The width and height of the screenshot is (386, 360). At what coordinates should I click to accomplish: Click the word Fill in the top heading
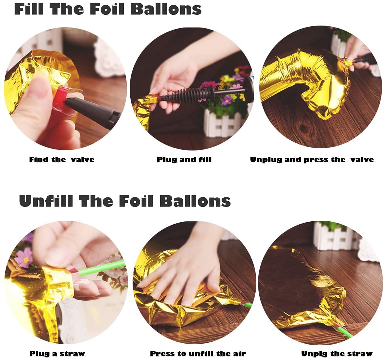pos(29,9)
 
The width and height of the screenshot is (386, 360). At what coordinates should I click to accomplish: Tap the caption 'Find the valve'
pos(62,160)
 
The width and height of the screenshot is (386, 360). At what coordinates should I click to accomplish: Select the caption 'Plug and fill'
pos(184,160)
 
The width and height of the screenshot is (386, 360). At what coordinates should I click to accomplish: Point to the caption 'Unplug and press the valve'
pos(312,160)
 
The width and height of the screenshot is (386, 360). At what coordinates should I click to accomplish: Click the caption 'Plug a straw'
pos(57,353)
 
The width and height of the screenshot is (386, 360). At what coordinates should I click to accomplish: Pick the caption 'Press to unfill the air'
pos(198,353)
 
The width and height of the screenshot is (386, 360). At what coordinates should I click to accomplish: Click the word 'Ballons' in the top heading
pos(166,9)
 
